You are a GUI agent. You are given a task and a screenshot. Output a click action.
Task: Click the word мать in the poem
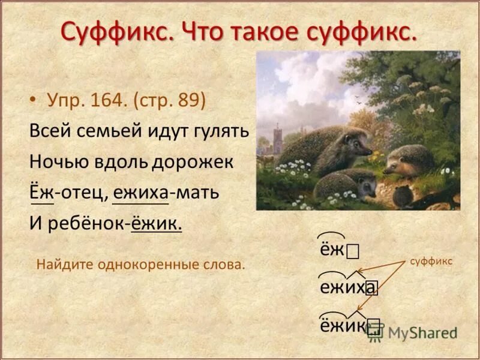click(197, 194)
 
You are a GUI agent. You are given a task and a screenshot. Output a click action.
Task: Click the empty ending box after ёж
click(353, 250)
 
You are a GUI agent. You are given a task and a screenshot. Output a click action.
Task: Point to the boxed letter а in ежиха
click(372, 288)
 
